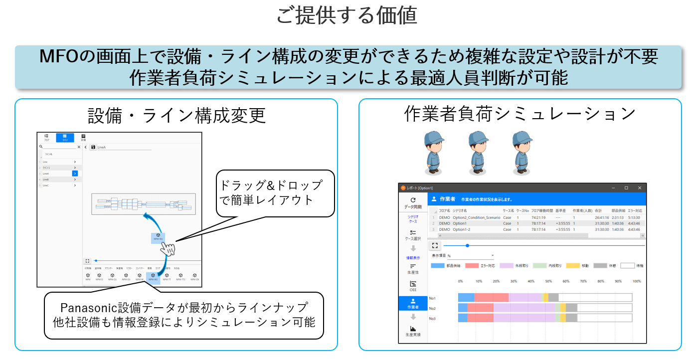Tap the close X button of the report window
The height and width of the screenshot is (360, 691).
click(640, 188)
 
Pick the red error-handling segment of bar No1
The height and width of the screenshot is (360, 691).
click(492, 298)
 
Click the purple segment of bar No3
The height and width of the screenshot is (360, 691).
click(523, 318)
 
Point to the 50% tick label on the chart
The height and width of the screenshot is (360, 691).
click(548, 281)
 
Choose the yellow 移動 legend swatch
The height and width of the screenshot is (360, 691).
click(573, 266)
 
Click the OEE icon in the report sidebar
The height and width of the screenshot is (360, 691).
click(413, 284)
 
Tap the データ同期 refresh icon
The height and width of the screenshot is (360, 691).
click(413, 199)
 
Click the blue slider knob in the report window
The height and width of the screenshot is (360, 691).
click(467, 245)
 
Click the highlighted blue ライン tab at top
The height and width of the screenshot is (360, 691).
click(65, 138)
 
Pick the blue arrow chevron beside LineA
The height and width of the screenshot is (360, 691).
click(75, 174)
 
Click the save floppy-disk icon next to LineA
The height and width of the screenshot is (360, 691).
click(93, 147)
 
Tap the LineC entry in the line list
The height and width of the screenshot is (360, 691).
click(46, 185)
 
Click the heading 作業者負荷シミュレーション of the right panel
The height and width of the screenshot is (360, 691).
click(519, 114)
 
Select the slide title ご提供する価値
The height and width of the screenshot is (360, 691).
click(346, 16)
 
